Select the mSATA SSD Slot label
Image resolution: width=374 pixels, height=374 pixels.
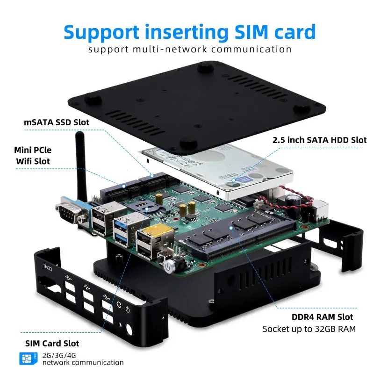[x=57, y=122]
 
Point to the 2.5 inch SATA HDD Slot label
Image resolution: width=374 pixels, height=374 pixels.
[x=319, y=139]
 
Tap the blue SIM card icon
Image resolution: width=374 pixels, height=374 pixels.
[x=27, y=359]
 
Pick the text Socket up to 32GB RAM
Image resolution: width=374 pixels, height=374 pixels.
[x=309, y=329]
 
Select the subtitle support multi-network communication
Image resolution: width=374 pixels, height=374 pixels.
[x=189, y=50]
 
